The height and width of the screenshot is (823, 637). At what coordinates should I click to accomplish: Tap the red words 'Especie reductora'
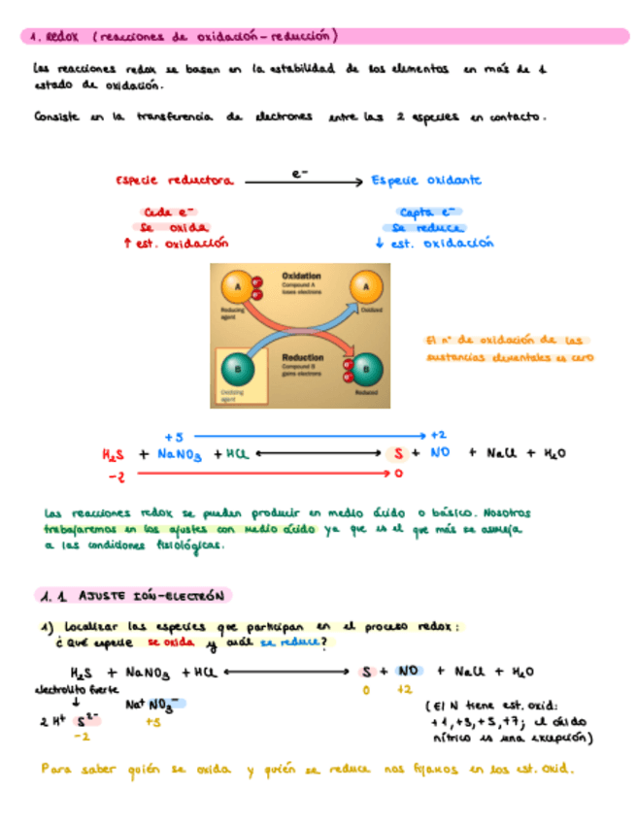[174, 181]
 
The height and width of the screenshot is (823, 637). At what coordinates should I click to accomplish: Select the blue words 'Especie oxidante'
[426, 181]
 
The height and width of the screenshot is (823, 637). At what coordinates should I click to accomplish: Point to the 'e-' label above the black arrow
[300, 173]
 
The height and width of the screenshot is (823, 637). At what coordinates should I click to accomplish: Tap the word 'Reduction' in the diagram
[302, 358]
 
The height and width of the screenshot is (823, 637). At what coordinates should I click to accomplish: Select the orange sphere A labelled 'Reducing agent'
[232, 286]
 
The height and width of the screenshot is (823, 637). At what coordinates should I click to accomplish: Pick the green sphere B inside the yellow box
[235, 370]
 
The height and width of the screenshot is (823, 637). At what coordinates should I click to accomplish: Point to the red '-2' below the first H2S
[116, 476]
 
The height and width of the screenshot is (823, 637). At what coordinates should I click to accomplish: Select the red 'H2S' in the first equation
[114, 454]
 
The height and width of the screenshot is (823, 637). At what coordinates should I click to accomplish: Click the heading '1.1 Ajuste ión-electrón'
[135, 595]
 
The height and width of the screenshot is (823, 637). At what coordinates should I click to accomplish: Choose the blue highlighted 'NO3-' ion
[164, 706]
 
